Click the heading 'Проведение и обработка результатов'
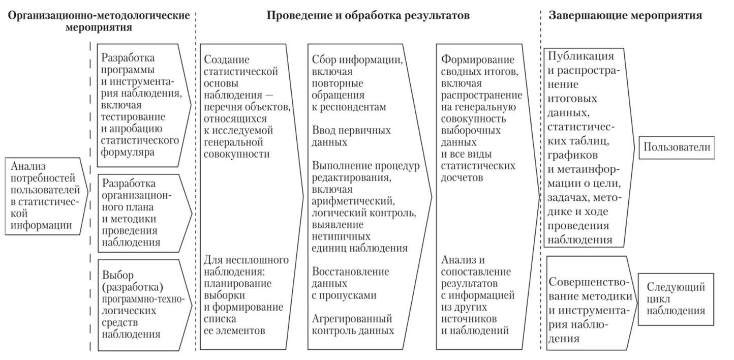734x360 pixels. pyautogui.click(x=368, y=16)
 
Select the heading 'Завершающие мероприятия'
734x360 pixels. pyautogui.click(x=625, y=16)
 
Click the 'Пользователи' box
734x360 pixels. pyautogui.click(x=676, y=147)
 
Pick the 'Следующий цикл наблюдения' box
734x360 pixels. pyautogui.click(x=676, y=299)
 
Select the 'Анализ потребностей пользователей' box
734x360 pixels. pyautogui.click(x=44, y=195)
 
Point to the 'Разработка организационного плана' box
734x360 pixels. pyautogui.click(x=140, y=213)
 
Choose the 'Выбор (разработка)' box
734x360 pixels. pyautogui.click(x=140, y=305)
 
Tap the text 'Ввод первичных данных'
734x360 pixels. pyautogui.click(x=351, y=136)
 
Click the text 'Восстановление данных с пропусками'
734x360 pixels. pyautogui.click(x=351, y=283)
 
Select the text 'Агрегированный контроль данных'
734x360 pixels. pyautogui.click(x=353, y=324)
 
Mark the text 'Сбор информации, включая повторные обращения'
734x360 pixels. pyautogui.click(x=357, y=83)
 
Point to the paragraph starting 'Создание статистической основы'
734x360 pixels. pyautogui.click(x=247, y=107)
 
